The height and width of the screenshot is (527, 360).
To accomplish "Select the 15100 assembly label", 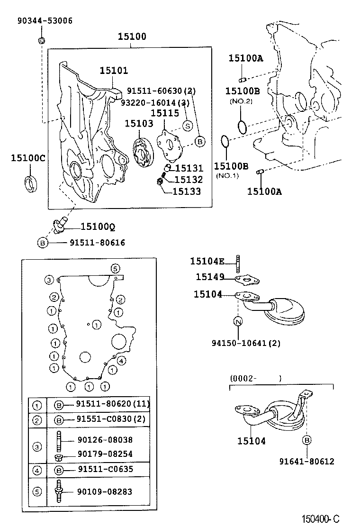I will coord(132,36).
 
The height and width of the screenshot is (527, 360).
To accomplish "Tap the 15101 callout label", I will coord(114,71).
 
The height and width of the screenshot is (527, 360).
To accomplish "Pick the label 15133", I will coord(187,191).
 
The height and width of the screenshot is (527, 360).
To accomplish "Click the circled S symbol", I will coord(187,126).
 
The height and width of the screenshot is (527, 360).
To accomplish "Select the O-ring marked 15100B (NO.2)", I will coord(242,127).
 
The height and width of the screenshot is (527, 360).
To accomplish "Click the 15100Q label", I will coord(98,227).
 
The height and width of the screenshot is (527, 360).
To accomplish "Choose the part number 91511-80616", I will coord(97,243).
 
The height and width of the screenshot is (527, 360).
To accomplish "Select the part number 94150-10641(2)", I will coord(246,343).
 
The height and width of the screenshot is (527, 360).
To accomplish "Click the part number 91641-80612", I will coord(306,461).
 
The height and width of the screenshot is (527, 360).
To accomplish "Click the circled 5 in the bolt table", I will coord(36,491).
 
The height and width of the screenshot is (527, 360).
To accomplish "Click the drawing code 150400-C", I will coord(322,519).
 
